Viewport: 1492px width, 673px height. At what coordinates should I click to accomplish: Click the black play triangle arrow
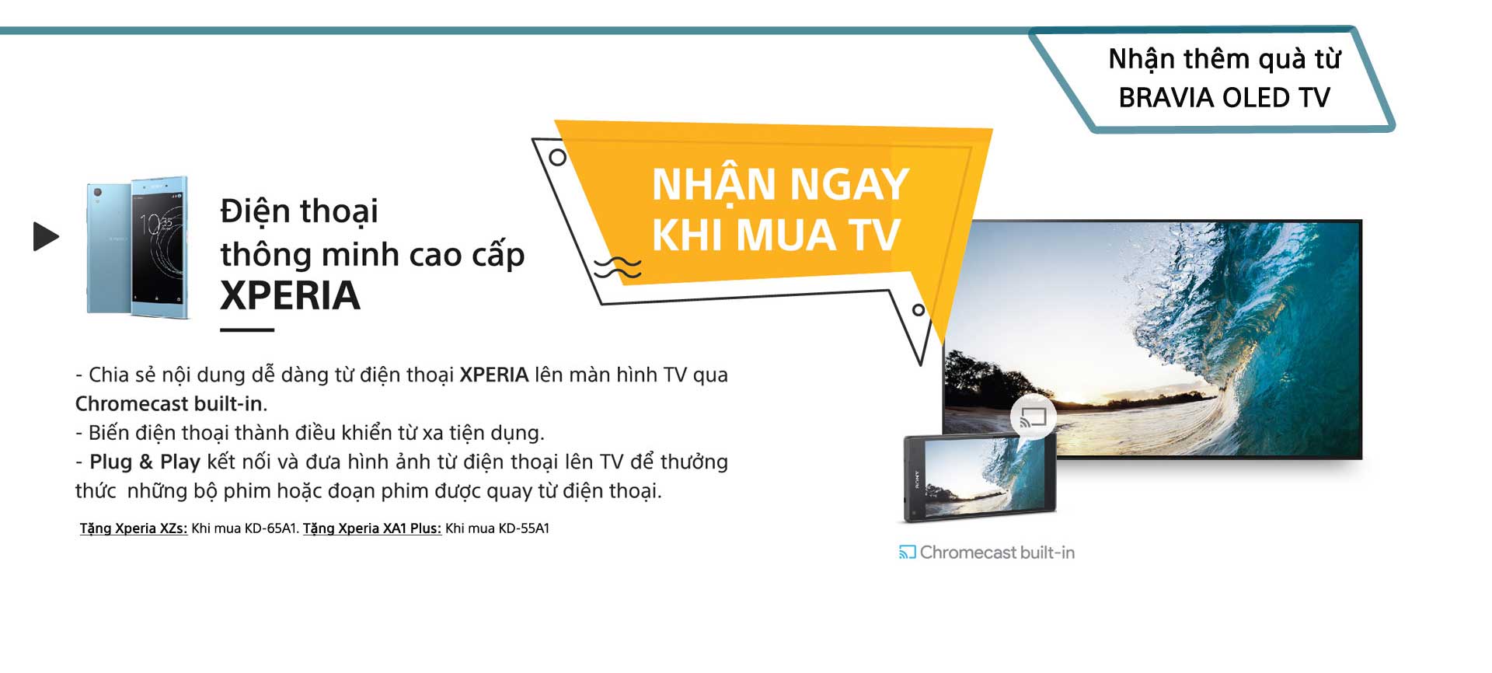click(x=46, y=236)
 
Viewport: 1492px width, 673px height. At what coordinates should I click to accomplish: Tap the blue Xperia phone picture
click(x=138, y=247)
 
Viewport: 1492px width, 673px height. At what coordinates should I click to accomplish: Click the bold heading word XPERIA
click(x=290, y=295)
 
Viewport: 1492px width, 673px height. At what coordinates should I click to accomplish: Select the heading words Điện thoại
click(x=299, y=211)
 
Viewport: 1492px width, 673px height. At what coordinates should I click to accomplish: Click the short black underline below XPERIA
click(x=247, y=330)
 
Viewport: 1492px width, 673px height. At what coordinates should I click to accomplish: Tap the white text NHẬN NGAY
click(x=780, y=183)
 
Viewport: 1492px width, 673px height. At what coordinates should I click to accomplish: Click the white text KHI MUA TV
click(x=776, y=234)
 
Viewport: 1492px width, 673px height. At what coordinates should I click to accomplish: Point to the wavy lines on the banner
click(x=618, y=267)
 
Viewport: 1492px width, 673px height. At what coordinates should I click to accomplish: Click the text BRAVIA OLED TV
click(x=1224, y=97)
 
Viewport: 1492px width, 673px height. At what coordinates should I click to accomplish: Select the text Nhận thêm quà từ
click(x=1224, y=58)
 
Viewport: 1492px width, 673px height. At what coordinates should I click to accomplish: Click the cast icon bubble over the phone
click(x=1034, y=418)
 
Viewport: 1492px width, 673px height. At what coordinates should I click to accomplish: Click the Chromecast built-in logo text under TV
click(x=997, y=552)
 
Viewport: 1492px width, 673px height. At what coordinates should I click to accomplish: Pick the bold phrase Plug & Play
click(x=145, y=462)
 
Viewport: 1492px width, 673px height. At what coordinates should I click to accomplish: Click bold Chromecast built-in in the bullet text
click(x=169, y=403)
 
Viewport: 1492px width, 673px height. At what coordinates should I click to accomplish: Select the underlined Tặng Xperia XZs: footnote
click(x=134, y=528)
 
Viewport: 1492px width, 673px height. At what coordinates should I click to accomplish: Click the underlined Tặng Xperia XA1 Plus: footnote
click(x=372, y=528)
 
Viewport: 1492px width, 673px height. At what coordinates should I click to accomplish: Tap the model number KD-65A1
click(x=270, y=528)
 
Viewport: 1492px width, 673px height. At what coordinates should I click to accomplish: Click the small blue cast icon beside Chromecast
click(x=907, y=552)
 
